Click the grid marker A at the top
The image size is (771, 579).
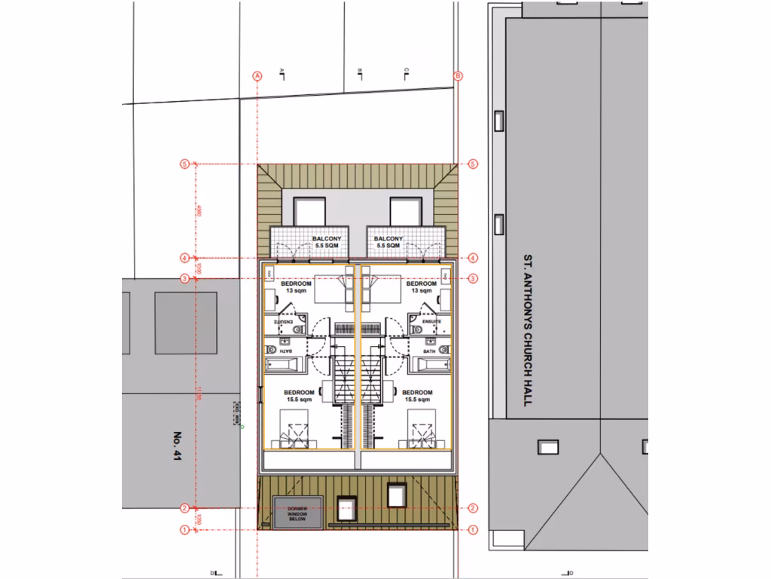(x=257, y=75)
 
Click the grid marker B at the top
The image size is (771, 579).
(x=458, y=75)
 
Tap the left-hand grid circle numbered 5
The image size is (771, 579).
(x=183, y=164)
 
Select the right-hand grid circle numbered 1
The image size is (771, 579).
(x=473, y=530)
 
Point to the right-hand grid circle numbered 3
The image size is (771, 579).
(x=473, y=279)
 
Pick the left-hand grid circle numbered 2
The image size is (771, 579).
(x=183, y=508)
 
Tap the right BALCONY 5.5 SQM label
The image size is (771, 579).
(x=389, y=243)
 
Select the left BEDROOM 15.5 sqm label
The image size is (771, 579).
(x=298, y=396)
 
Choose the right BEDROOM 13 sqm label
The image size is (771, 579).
(x=421, y=287)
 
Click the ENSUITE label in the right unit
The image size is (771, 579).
(x=431, y=321)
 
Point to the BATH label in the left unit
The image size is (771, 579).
(x=285, y=351)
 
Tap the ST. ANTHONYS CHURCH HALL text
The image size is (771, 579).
(x=527, y=330)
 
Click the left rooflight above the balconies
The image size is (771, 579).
(x=308, y=211)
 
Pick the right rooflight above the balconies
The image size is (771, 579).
(x=405, y=211)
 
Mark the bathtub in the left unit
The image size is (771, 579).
(x=283, y=366)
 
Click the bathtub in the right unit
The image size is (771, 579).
(x=434, y=366)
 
